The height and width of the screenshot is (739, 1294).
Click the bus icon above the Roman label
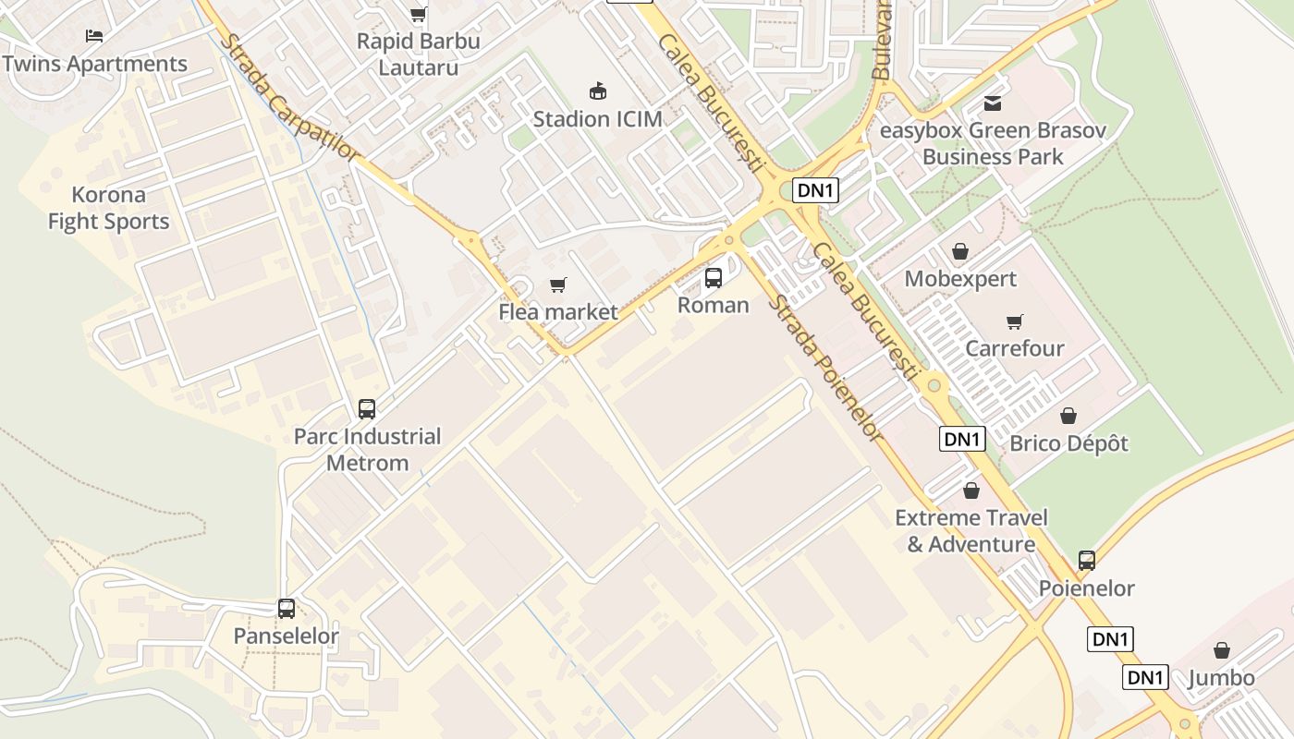pos(713,277)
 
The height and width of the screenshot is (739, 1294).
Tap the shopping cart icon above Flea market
pos(557,285)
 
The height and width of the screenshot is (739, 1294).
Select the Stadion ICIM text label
pos(597,119)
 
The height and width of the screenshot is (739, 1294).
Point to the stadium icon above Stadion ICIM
pos(598,91)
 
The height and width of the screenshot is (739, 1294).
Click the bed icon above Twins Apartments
pos(94,36)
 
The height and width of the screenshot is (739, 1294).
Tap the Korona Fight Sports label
pos(109,208)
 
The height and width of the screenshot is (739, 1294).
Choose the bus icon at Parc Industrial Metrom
pos(367,408)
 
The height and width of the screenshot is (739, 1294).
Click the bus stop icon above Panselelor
pos(287,608)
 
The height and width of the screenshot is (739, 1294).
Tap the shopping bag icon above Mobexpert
pos(960,251)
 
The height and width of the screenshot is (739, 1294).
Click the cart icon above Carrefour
pos(1015,321)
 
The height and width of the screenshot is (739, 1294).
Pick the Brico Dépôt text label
pos(1068,443)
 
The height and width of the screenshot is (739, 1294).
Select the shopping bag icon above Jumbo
pos(1222,650)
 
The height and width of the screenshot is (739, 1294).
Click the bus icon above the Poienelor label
pos(1087,560)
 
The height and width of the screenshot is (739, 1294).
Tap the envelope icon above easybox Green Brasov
pos(993,103)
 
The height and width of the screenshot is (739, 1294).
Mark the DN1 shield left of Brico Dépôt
pos(962,439)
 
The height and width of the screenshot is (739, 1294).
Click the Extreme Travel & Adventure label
pos(970,531)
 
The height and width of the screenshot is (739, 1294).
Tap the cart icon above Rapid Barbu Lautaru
pos(418,13)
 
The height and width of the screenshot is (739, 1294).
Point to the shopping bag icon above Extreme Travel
pos(970,490)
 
